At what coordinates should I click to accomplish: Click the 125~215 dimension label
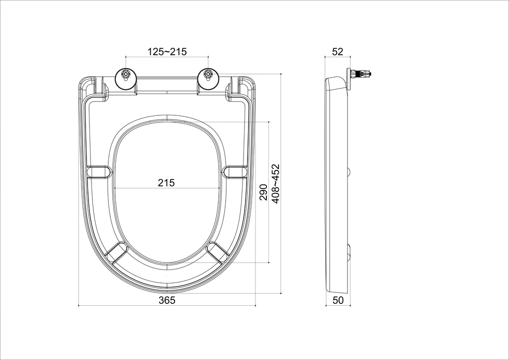[167, 51]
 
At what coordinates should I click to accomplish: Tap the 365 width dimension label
[167, 300]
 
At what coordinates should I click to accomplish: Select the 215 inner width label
[166, 183]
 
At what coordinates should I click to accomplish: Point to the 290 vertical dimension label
[263, 192]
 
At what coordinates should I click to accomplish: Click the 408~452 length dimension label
[275, 184]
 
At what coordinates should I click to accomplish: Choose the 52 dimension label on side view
[338, 51]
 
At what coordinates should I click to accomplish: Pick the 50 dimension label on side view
[338, 300]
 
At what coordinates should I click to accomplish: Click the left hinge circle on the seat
[126, 79]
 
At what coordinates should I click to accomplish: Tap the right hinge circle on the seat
[208, 79]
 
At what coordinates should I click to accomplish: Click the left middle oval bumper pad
[99, 172]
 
